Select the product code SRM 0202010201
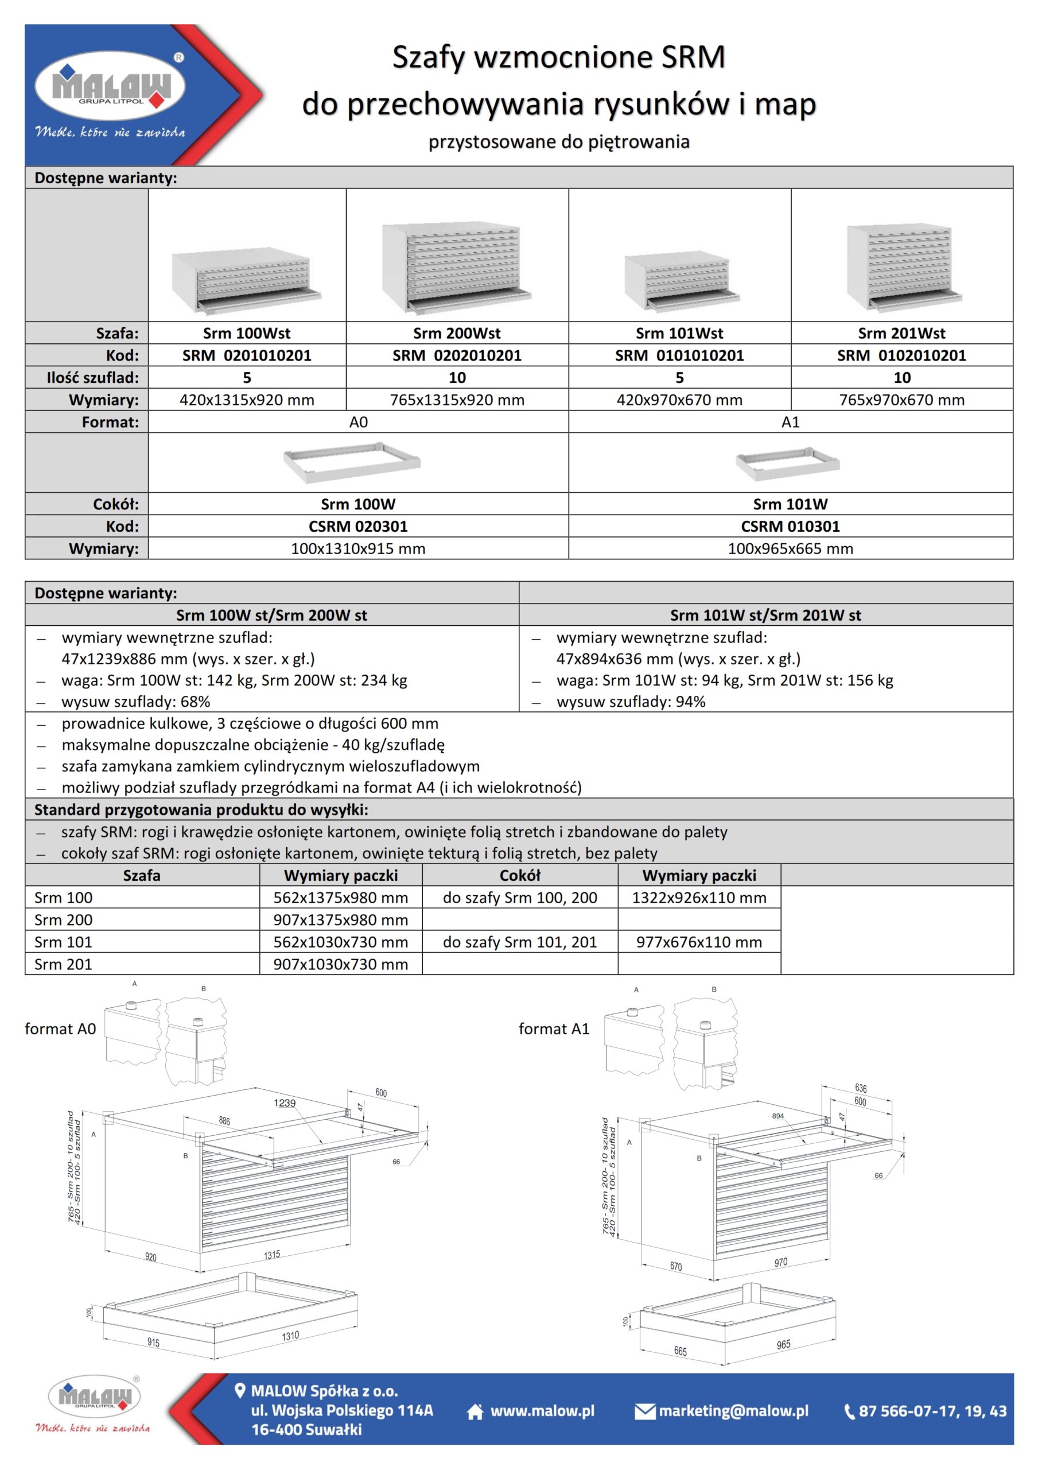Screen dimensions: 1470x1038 pyautogui.click(x=457, y=355)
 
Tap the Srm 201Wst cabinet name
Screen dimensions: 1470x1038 pyautogui.click(x=901, y=333)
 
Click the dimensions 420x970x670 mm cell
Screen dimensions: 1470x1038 pyautogui.click(x=679, y=400)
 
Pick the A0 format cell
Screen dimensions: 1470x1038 pyautogui.click(x=359, y=422)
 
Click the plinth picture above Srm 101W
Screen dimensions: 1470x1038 pyautogui.click(x=787, y=463)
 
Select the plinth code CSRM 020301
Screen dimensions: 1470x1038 pyautogui.click(x=359, y=527)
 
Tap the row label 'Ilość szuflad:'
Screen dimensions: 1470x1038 pyautogui.click(x=92, y=378)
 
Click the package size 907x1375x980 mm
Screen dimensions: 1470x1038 pyautogui.click(x=340, y=920)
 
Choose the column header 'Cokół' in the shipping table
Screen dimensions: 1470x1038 pyautogui.click(x=520, y=875)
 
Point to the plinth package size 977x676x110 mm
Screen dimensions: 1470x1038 pyautogui.click(x=699, y=942)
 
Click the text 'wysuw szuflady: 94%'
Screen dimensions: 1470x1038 pyautogui.click(x=631, y=702)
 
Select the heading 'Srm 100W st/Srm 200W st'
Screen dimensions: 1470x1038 pyautogui.click(x=271, y=615)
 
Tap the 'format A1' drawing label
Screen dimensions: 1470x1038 pyautogui.click(x=554, y=1029)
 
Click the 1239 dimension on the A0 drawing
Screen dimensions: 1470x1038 pyautogui.click(x=285, y=1103)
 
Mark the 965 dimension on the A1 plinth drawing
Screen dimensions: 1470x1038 pyautogui.click(x=783, y=1344)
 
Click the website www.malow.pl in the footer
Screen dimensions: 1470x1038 pyautogui.click(x=542, y=1411)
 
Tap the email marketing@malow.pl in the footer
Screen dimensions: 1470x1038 pyautogui.click(x=733, y=1411)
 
